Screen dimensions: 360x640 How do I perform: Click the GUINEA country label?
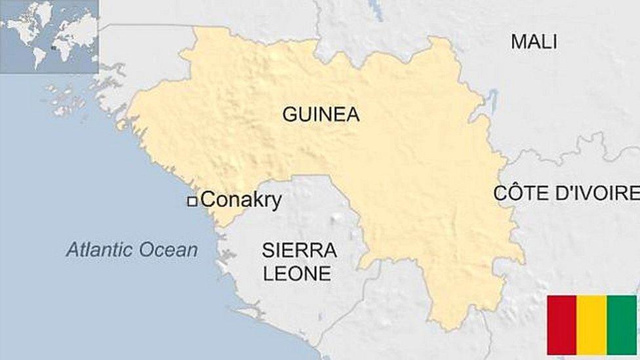pyautogui.click(x=321, y=115)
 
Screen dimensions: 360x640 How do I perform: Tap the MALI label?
pyautogui.click(x=534, y=42)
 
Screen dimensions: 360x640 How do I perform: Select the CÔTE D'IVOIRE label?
pyautogui.click(x=566, y=193)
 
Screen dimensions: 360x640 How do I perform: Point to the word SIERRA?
pyautogui.click(x=299, y=250)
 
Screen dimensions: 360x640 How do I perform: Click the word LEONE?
pyautogui.click(x=297, y=273)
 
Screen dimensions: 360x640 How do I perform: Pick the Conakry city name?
pyautogui.click(x=241, y=200)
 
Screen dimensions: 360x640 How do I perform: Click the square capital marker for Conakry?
pyautogui.click(x=192, y=202)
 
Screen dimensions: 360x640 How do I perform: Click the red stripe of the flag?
pyautogui.click(x=561, y=325)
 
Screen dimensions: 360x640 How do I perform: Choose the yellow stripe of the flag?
pyautogui.click(x=591, y=325)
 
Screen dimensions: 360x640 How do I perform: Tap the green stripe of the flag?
pyautogui.click(x=622, y=325)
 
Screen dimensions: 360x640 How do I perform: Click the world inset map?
pyautogui.click(x=49, y=36)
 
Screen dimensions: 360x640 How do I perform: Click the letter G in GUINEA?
pyautogui.click(x=289, y=115)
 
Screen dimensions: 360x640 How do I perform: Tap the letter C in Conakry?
pyautogui.click(x=208, y=200)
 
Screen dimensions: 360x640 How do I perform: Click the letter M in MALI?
pyautogui.click(x=518, y=42)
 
